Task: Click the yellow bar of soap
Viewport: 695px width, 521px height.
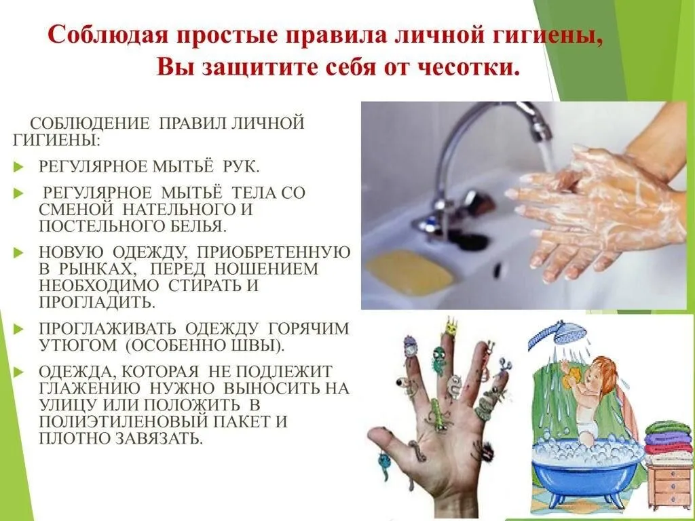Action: (409, 271)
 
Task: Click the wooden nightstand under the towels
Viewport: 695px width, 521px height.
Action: (670, 484)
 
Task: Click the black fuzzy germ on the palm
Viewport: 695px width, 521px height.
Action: (485, 451)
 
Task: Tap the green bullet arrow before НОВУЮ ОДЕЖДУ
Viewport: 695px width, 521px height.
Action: (18, 252)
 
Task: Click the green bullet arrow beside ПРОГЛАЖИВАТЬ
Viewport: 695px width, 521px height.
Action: (18, 329)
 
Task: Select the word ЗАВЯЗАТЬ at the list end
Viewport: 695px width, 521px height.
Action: (159, 438)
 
